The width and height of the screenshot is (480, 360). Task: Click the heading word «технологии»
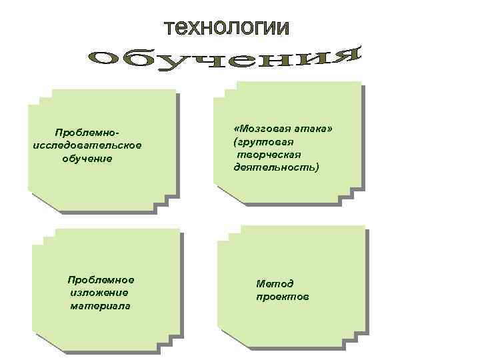227,28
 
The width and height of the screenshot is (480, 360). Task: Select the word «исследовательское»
87,145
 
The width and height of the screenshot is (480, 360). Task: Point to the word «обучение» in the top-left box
87,159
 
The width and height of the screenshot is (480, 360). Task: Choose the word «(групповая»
264,142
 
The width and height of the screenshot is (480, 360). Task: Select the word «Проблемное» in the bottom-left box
101,279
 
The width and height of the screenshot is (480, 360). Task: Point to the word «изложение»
99,292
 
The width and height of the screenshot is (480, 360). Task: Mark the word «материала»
100,305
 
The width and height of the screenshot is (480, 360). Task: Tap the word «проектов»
283,296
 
